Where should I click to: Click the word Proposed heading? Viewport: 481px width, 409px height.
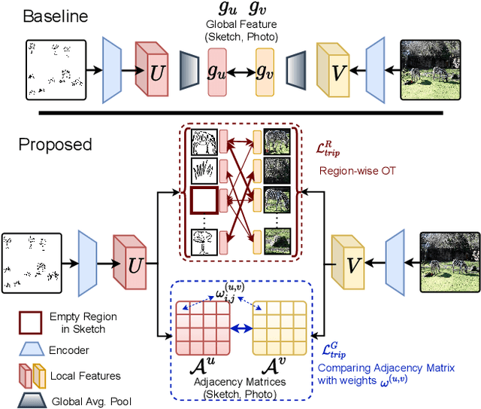pyautogui.click(x=54, y=144)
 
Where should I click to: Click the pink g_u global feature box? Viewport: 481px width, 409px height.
pyautogui.click(x=216, y=72)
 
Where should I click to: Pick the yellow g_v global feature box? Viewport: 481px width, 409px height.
pyautogui.click(x=265, y=72)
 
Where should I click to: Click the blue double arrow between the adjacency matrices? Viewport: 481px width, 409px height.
pyautogui.click(x=240, y=329)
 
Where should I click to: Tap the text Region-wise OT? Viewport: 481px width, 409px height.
pyautogui.click(x=357, y=170)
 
